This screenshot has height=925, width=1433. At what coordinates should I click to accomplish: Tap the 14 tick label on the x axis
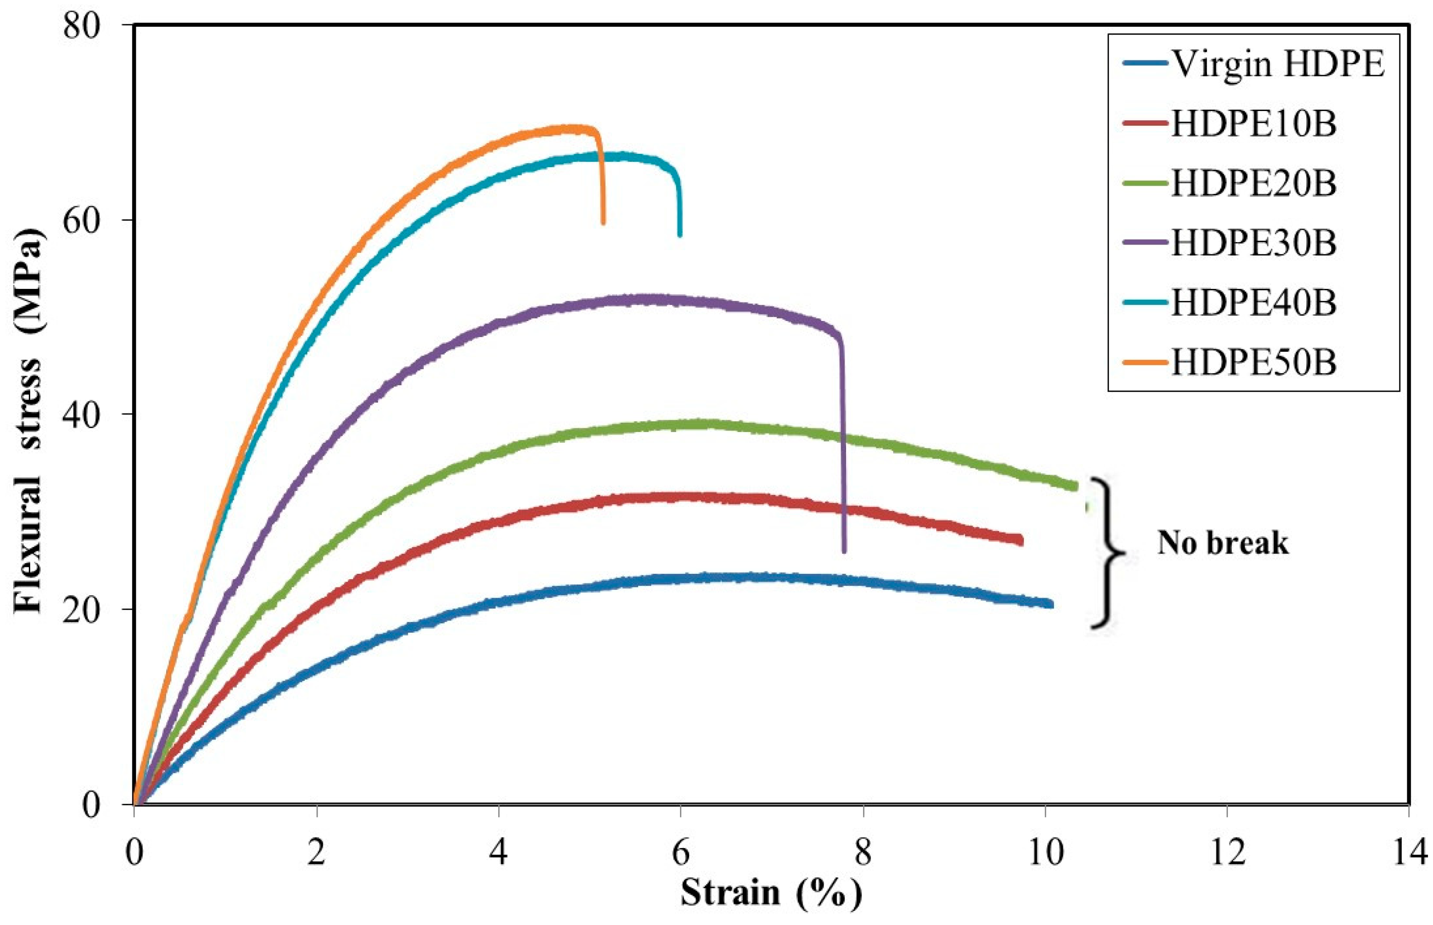pyautogui.click(x=1408, y=852)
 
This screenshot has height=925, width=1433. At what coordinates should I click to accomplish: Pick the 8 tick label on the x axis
pyautogui.click(x=863, y=852)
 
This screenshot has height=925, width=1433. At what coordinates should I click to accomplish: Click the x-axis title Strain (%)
pyautogui.click(x=771, y=893)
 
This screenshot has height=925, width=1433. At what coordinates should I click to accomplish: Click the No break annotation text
pyautogui.click(x=1223, y=543)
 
